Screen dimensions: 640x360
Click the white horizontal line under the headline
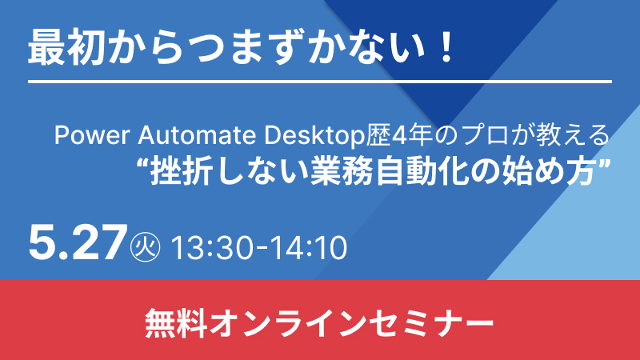[320, 82]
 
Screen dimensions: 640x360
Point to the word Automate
[197, 135]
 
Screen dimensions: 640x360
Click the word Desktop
[314, 136]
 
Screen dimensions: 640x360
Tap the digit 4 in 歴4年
[398, 135]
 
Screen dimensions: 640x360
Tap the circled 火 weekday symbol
[145, 246]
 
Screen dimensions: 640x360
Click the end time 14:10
[309, 247]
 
